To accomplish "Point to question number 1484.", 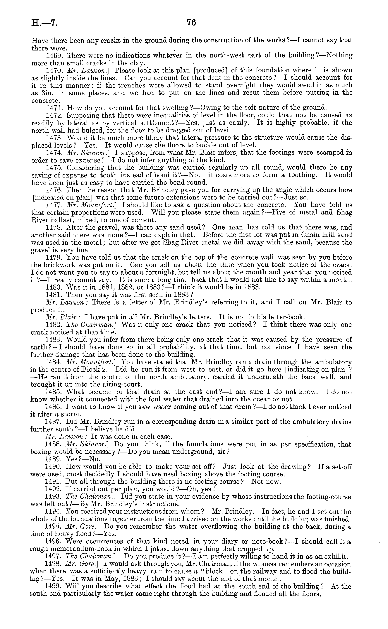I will (54, 362).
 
